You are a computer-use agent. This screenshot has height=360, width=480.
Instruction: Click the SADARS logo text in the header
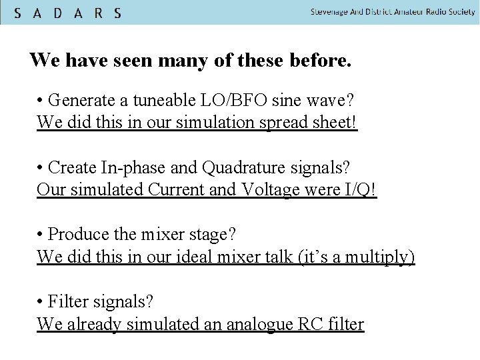tap(67, 13)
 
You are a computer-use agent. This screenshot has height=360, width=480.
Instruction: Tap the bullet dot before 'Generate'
tap(41, 101)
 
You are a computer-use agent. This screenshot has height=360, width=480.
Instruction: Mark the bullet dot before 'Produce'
tap(41, 234)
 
